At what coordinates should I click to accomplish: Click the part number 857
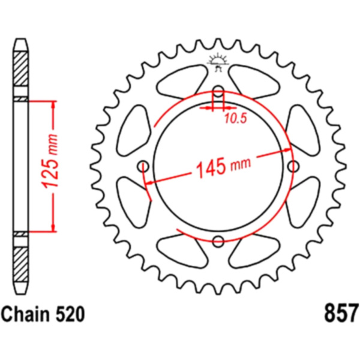(x=341, y=313)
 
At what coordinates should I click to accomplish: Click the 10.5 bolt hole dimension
(x=236, y=119)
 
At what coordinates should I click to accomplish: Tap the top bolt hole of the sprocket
(x=218, y=90)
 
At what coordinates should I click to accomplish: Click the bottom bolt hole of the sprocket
(x=218, y=241)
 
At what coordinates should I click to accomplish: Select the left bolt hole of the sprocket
(x=143, y=166)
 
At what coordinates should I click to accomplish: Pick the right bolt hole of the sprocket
(x=293, y=166)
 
